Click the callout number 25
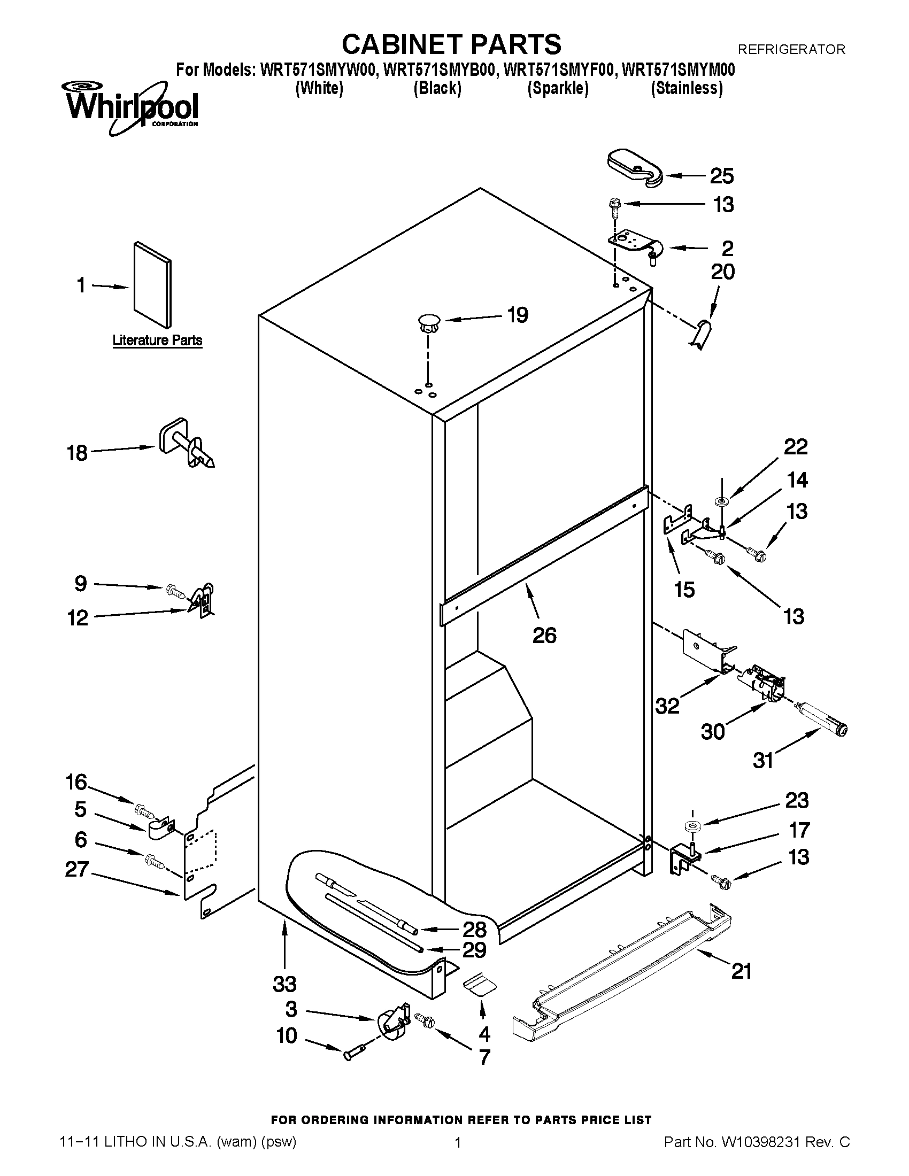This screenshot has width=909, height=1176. coord(722,176)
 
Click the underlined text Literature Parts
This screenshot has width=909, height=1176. coord(157,341)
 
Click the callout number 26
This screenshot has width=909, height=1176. coord(544,636)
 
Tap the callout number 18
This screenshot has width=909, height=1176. coord(77,453)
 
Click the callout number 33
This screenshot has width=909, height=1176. coord(284,984)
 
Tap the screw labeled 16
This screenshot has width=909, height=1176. coord(143,809)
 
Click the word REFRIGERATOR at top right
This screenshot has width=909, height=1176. coord(791,50)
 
